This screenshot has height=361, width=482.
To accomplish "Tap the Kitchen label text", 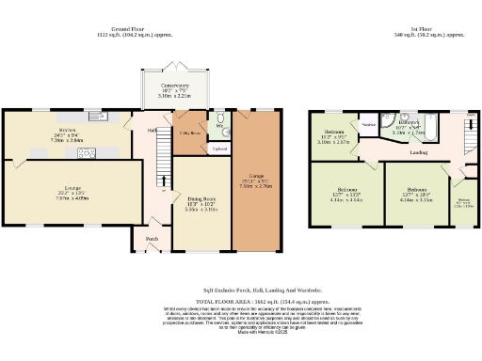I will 40,129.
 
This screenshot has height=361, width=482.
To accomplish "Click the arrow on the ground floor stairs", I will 161,179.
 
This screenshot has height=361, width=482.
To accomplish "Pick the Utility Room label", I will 189,134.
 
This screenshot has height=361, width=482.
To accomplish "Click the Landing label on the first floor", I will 420,150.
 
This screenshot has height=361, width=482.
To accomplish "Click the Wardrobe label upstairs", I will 368,123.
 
